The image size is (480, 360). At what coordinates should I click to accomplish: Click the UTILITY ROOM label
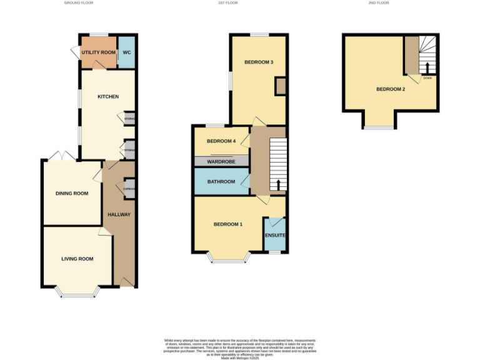(98, 52)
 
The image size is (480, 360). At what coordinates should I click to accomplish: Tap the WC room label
(126, 52)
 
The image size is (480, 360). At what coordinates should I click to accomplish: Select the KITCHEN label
(107, 96)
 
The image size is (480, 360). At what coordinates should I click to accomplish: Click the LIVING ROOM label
(77, 259)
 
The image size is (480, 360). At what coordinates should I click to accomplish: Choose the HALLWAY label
(119, 214)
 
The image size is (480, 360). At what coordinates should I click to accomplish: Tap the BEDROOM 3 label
(259, 62)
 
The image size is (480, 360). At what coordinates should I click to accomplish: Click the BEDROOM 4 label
(221, 141)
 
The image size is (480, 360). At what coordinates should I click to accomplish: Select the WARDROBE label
(221, 161)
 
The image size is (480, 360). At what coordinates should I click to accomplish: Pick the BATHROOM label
(221, 182)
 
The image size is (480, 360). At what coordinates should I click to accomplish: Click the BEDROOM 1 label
(228, 224)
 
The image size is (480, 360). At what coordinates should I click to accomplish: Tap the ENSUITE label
(275, 235)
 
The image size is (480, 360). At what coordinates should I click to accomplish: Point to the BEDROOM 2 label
(391, 89)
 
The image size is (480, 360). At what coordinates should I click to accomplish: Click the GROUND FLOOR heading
(79, 3)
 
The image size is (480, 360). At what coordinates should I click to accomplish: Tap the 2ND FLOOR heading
(378, 3)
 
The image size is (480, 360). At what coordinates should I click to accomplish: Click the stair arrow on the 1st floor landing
(279, 184)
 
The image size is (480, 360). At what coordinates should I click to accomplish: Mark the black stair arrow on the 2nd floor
(427, 67)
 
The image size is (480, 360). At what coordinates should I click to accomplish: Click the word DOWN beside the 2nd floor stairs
(427, 77)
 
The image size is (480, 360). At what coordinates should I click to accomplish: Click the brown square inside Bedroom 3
(281, 86)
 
